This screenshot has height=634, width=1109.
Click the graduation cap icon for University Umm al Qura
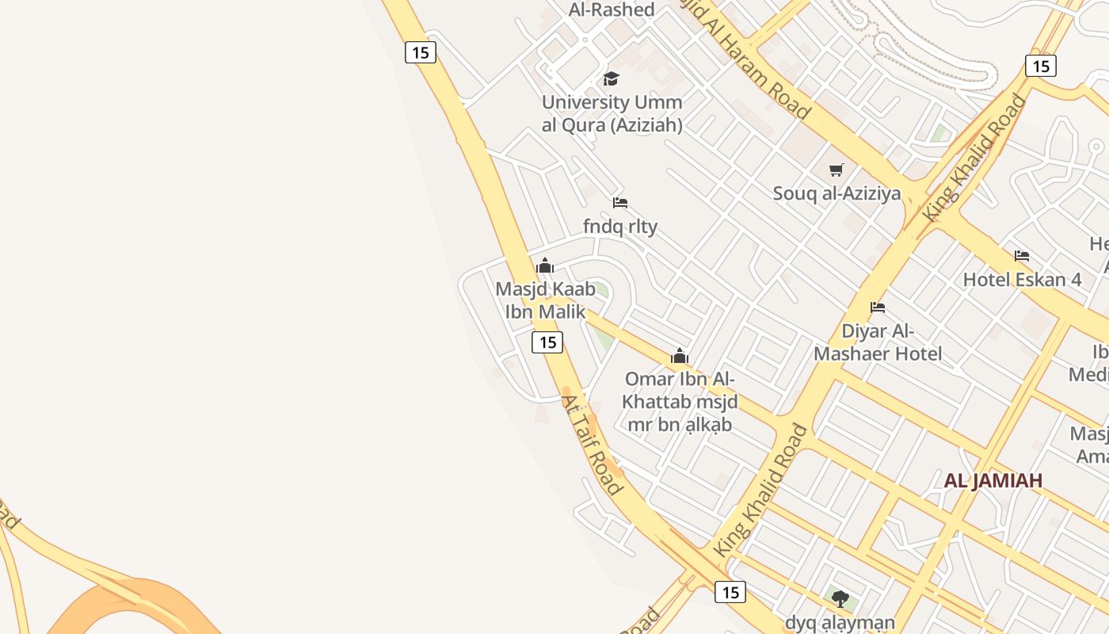tap(611, 78)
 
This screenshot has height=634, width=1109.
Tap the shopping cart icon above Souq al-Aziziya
tap(837, 170)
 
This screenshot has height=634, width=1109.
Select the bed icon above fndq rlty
tap(620, 204)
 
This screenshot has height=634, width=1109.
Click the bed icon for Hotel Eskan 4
tap(1022, 256)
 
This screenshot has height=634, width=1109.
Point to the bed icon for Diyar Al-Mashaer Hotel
tap(878, 307)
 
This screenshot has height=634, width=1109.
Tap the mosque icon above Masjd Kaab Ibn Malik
tap(545, 265)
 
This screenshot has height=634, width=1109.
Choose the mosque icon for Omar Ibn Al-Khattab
tap(680, 357)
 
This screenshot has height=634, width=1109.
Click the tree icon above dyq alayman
tap(840, 598)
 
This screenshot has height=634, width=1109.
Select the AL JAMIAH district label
tap(993, 480)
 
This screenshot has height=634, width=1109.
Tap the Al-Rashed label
tap(612, 10)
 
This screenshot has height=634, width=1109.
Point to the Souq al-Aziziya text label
tap(837, 193)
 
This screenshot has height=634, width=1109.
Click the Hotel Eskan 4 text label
tap(1022, 280)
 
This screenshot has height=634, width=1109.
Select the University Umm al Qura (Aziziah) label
tap(612, 113)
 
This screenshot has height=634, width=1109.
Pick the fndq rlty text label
tap(620, 227)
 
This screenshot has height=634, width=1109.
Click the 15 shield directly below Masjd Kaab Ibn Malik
tap(547, 342)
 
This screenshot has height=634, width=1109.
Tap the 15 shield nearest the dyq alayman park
tap(730, 591)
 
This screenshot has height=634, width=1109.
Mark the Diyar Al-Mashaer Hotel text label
tap(878, 342)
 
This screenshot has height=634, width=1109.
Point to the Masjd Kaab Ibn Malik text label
tap(545, 300)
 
